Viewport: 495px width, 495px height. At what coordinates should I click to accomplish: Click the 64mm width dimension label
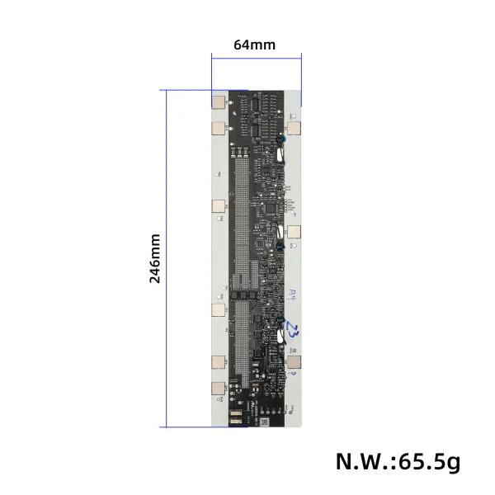point(254,45)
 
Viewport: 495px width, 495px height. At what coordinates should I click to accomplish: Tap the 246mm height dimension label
point(155,258)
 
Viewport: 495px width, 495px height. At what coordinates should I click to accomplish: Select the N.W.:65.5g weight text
point(398,461)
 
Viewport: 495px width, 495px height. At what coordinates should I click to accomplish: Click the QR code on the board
point(265,422)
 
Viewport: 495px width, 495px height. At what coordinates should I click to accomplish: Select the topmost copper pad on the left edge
point(219,104)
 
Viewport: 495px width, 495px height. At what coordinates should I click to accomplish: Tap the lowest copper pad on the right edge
point(294,363)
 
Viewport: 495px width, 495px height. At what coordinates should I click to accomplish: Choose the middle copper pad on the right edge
point(294,231)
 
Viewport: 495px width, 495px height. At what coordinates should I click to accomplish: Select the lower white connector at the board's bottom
point(235,421)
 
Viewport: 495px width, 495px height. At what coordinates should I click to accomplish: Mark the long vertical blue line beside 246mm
point(167,258)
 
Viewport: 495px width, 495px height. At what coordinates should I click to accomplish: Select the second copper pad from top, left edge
point(219,129)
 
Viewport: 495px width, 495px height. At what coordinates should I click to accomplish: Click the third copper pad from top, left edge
point(219,205)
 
